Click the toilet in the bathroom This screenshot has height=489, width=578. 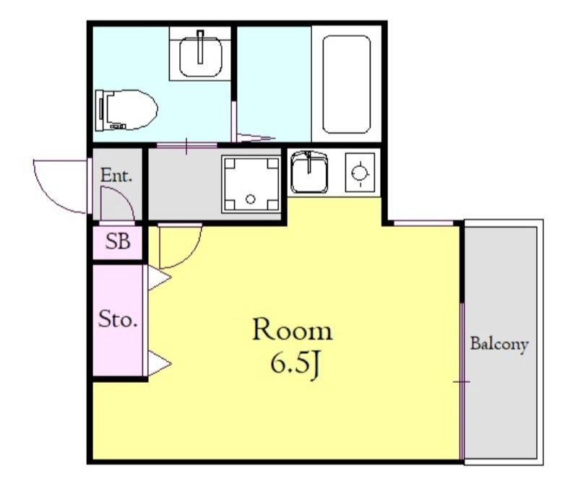126,111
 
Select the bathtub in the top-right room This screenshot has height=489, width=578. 346,85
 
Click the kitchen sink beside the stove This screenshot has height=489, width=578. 309,172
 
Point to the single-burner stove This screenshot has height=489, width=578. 360,172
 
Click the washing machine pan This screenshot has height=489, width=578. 251,184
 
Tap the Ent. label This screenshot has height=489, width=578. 116,176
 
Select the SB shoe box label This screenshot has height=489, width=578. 118,241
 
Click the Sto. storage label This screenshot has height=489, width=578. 118,319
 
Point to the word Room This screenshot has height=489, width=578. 293,330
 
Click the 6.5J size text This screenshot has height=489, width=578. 294,364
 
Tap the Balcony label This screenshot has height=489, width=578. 499,345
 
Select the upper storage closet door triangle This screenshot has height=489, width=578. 159,277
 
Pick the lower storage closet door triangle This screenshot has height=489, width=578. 159,364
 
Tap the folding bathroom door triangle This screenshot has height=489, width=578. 256,138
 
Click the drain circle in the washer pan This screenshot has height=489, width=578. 251,199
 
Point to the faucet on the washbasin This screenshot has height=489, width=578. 201,47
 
